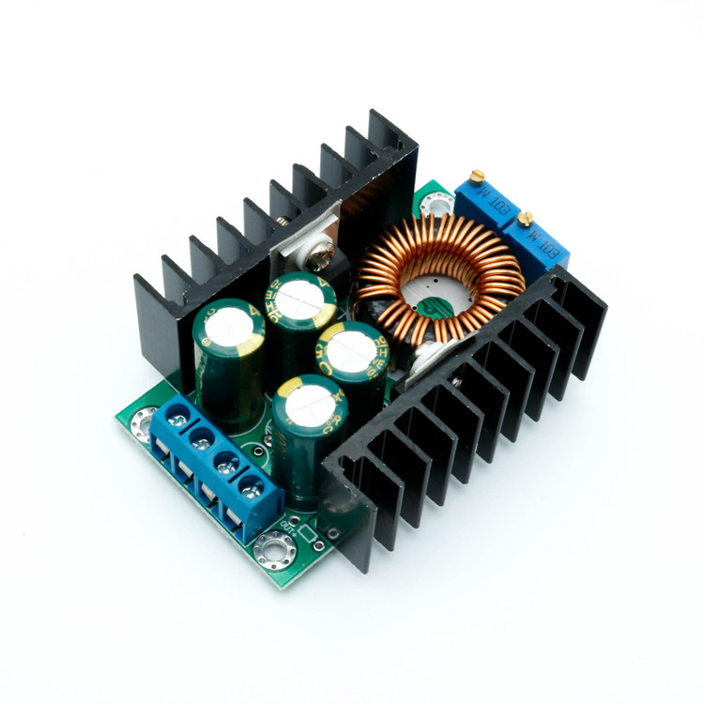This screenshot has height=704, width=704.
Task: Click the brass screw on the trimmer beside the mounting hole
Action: click(478, 176)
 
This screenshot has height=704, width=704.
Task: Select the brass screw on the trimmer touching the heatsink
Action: click(526, 220)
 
